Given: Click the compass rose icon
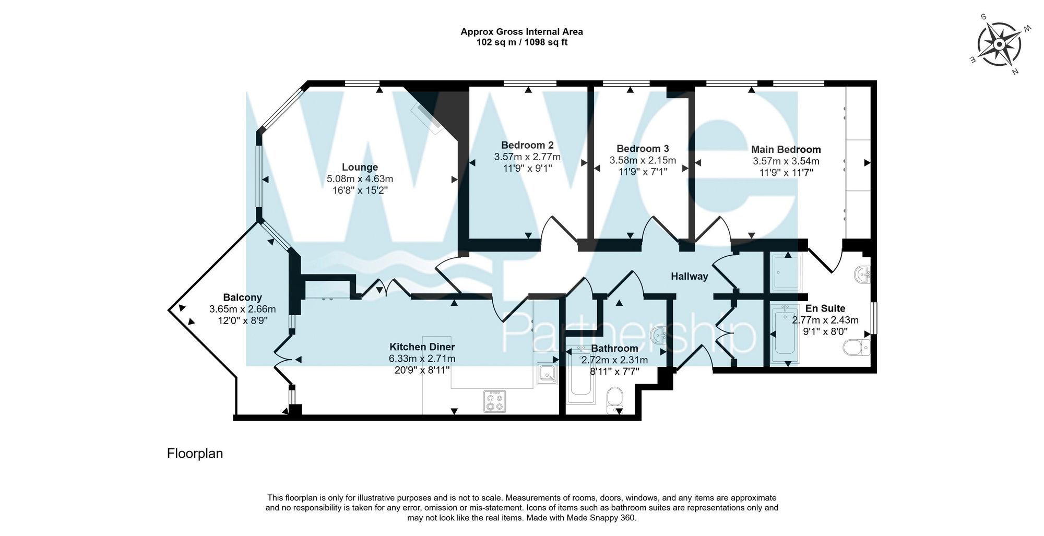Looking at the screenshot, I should point(999,44).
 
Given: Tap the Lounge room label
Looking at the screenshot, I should point(360,167).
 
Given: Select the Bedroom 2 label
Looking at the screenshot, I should point(527,145).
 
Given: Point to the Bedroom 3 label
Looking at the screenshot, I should point(643,149).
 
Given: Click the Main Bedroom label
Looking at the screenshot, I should point(786,149).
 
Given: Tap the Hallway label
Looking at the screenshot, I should point(689,276).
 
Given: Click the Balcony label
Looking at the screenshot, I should point(242,297).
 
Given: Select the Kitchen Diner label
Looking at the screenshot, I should point(422,347).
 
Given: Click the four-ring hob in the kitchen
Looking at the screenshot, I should point(494,401).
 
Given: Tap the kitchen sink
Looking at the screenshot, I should point(547,374).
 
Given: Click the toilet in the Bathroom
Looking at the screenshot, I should point(615,399).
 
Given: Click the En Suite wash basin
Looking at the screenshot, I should point(862,274).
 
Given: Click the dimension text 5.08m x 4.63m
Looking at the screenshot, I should point(360,178).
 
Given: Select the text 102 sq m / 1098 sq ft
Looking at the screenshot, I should point(521,42).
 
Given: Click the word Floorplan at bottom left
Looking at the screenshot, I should point(195,454).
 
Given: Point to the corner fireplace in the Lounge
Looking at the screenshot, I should point(428,118).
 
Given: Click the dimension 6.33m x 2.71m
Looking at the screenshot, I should point(422,359).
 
